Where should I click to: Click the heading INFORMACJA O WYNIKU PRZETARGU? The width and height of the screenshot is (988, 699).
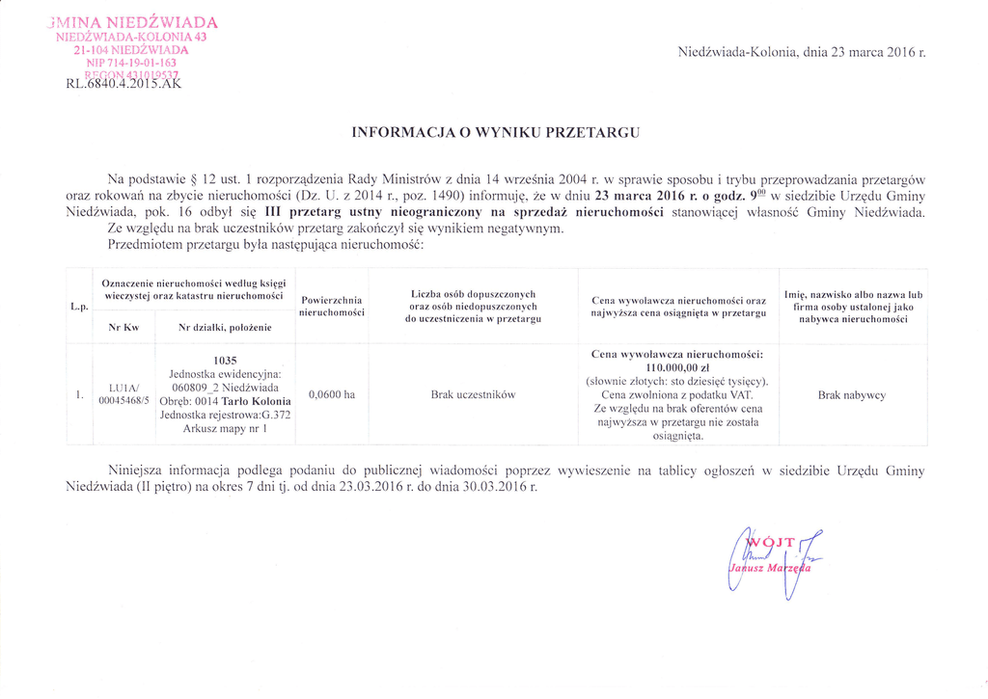click(494, 131)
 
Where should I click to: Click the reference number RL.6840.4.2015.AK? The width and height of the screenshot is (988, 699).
click(123, 82)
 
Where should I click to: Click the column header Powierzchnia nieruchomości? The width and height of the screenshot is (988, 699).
click(331, 307)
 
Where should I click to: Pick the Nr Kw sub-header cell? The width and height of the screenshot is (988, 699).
click(123, 328)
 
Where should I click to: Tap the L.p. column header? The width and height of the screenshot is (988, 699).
click(79, 307)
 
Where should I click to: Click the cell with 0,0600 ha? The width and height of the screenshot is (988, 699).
click(331, 394)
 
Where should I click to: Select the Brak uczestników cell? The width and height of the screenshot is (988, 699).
click(474, 394)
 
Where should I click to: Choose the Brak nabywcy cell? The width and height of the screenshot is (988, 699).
click(851, 394)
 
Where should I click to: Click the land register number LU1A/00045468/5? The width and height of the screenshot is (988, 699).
click(123, 394)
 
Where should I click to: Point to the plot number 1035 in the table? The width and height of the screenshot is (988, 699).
click(225, 360)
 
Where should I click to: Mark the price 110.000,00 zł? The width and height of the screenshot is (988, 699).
click(677, 367)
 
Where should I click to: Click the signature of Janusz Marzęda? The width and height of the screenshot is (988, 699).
click(772, 564)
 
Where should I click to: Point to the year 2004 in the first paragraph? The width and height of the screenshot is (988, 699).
click(571, 178)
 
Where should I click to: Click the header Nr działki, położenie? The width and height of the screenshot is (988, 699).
click(225, 328)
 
